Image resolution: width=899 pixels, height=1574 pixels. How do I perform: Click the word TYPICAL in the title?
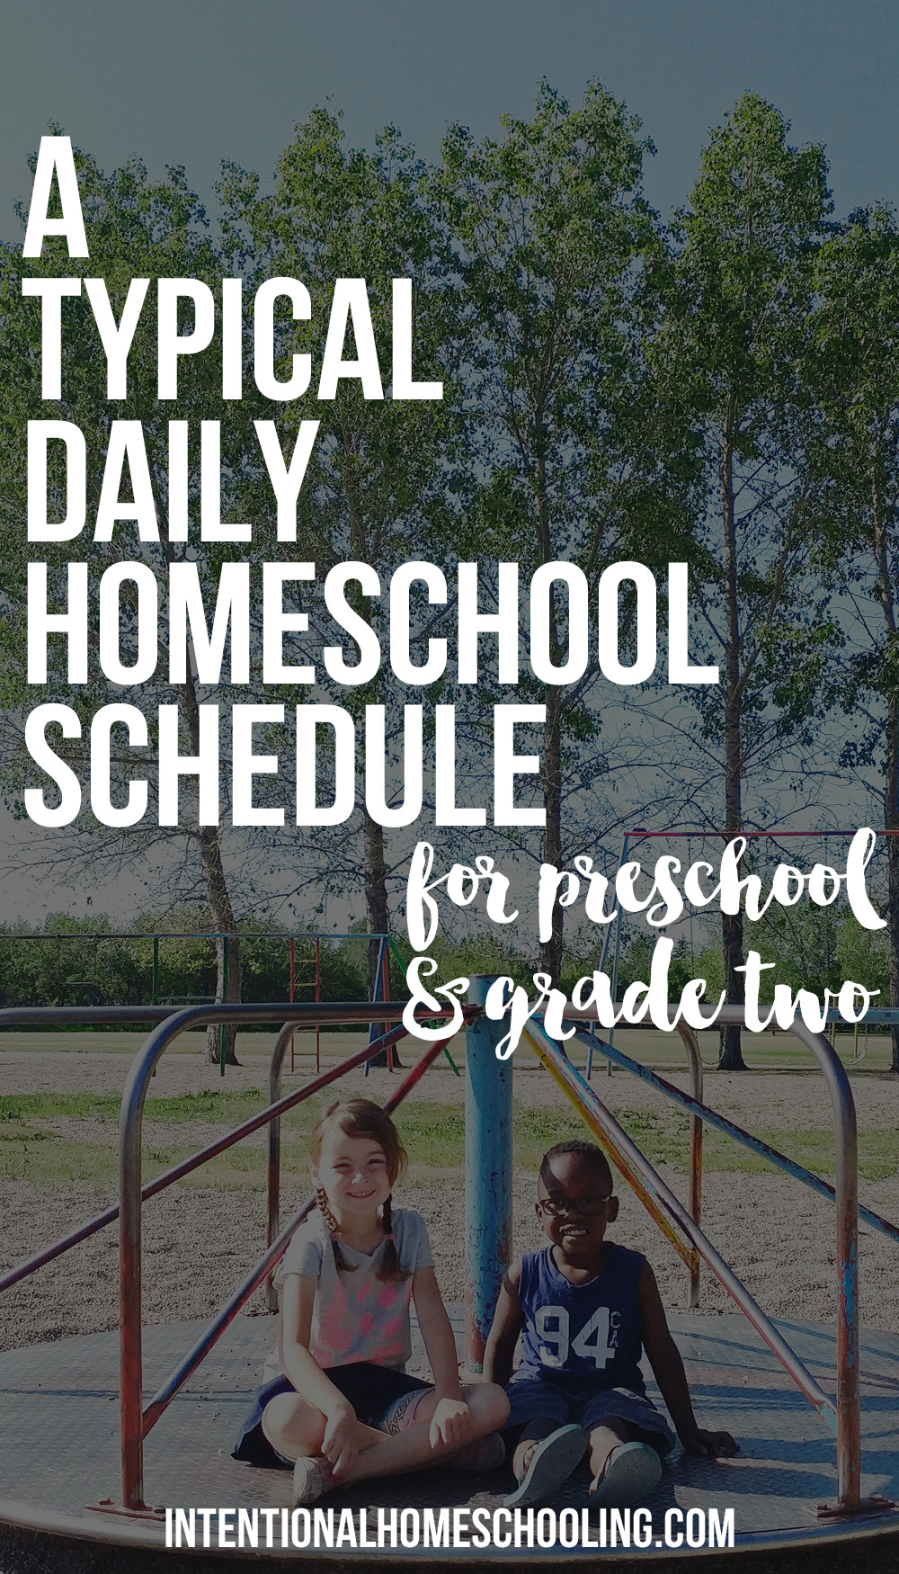(235, 338)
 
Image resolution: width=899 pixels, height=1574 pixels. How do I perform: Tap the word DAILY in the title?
(168, 479)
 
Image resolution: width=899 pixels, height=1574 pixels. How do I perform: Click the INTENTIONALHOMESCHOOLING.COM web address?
(449, 1527)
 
